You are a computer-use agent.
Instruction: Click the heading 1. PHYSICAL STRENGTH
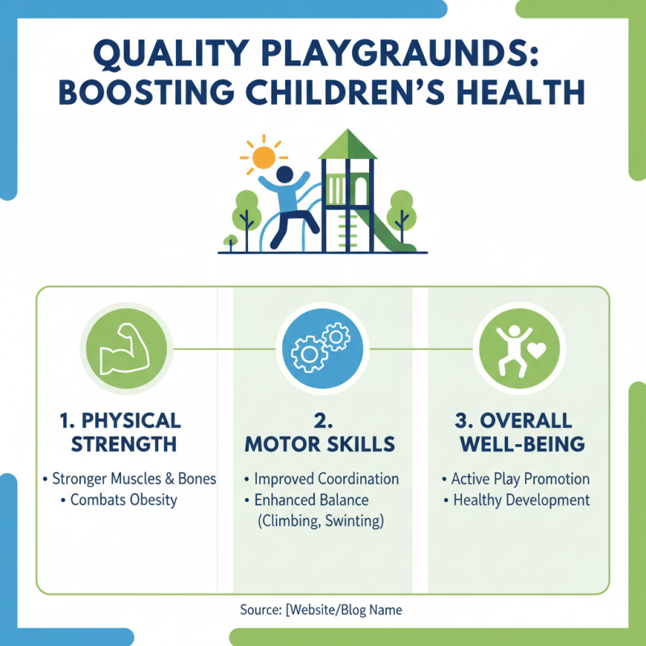point(119,432)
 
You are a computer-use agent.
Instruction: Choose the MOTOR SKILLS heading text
point(321,443)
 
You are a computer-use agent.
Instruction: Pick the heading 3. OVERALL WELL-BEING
point(517,432)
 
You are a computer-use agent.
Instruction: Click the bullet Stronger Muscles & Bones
point(130,479)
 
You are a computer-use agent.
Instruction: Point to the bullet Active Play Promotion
point(516,479)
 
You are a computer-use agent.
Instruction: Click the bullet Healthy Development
point(516,500)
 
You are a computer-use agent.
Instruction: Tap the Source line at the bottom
point(321,610)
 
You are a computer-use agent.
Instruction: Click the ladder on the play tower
point(349,218)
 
